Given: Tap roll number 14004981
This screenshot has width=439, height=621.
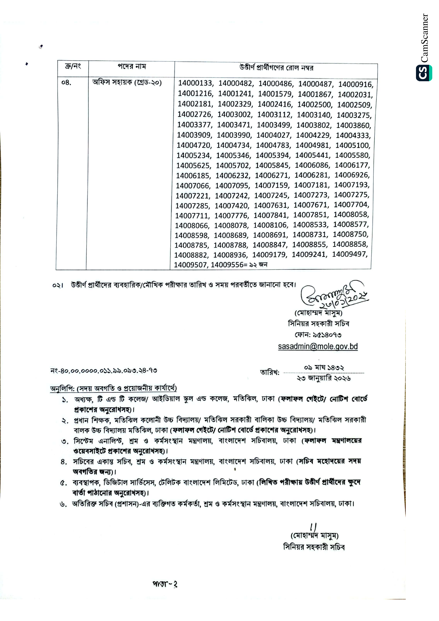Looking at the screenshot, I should (x=312, y=145).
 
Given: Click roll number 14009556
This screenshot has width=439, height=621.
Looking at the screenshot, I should (x=227, y=265).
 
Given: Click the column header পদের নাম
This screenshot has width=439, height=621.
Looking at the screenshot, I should (x=132, y=67).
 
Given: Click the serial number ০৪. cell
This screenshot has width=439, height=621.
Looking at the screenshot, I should (x=67, y=83).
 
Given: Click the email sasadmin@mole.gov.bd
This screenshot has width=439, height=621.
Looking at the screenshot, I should (x=318, y=347).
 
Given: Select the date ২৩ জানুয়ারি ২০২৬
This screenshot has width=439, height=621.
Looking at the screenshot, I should (x=324, y=378).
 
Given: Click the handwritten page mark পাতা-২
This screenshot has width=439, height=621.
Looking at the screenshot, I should (x=165, y=585).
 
